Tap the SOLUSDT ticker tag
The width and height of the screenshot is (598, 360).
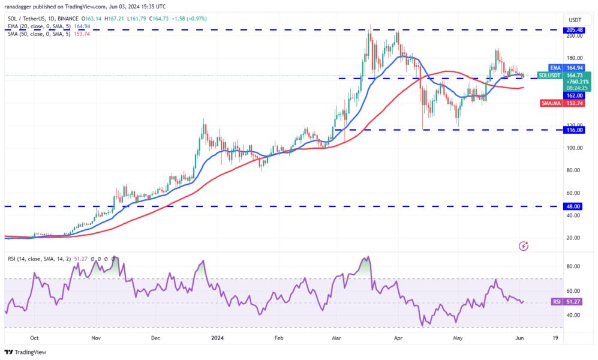[548, 75]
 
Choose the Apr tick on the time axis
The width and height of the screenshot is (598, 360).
[398, 338]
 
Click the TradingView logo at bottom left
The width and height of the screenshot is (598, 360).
[25, 352]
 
